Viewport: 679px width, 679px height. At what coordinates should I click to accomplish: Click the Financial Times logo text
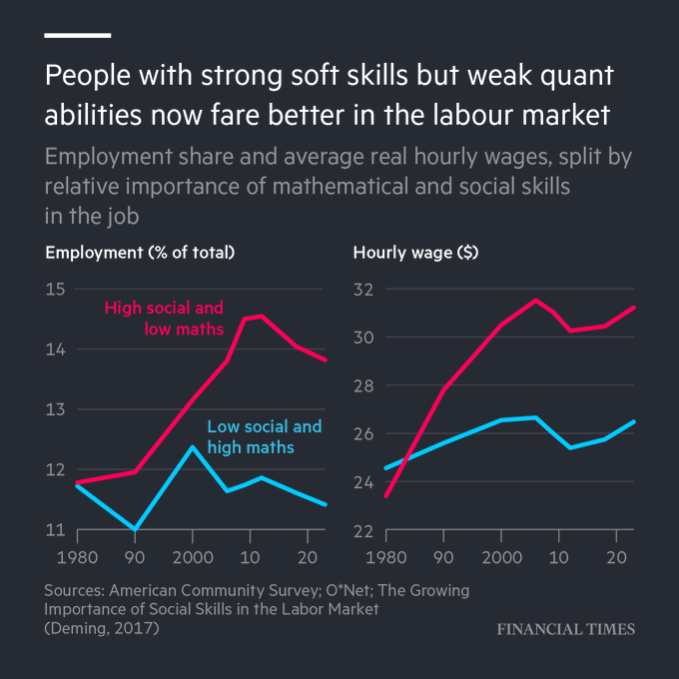pyautogui.click(x=565, y=629)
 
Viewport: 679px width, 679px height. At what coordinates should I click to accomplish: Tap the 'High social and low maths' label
pyautogui.click(x=164, y=318)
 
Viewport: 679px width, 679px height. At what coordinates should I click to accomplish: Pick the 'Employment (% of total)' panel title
pyautogui.click(x=140, y=253)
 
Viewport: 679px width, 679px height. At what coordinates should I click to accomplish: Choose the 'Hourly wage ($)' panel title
pyautogui.click(x=415, y=253)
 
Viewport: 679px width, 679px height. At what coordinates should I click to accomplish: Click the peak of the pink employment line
pyautogui.click(x=261, y=316)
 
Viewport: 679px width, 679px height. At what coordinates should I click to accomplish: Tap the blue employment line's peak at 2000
pyautogui.click(x=193, y=446)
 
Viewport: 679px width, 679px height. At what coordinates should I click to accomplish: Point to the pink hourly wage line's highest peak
pyautogui.click(x=535, y=300)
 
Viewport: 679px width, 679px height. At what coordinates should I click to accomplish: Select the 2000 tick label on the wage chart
pyautogui.click(x=500, y=554)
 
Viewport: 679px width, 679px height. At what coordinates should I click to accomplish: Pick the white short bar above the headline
pyautogui.click(x=78, y=36)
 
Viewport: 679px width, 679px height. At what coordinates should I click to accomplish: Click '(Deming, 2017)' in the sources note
pyautogui.click(x=101, y=629)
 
